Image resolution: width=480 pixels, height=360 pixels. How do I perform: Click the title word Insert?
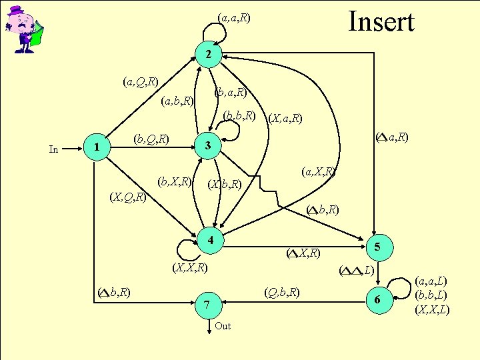tap(381, 21)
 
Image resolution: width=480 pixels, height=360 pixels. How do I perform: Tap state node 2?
tap(209, 54)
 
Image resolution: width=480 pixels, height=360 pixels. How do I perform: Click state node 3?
tap(208, 145)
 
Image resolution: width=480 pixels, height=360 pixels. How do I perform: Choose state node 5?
tap(377, 247)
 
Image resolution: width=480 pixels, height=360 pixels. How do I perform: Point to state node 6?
tap(377, 301)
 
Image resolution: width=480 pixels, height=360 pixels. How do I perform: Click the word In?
tap(55, 149)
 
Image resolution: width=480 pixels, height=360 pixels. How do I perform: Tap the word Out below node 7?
tap(223, 326)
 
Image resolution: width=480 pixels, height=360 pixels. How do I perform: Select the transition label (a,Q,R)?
tap(140, 82)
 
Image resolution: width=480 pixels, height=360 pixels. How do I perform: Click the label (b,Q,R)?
tap(151, 139)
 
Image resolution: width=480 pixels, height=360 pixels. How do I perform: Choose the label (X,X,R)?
tap(189, 268)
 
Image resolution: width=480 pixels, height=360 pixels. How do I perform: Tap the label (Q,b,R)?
tap(281, 292)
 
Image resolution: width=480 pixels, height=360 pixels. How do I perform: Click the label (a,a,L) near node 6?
tap(432, 281)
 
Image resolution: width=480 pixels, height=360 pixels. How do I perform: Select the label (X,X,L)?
tap(432, 309)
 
